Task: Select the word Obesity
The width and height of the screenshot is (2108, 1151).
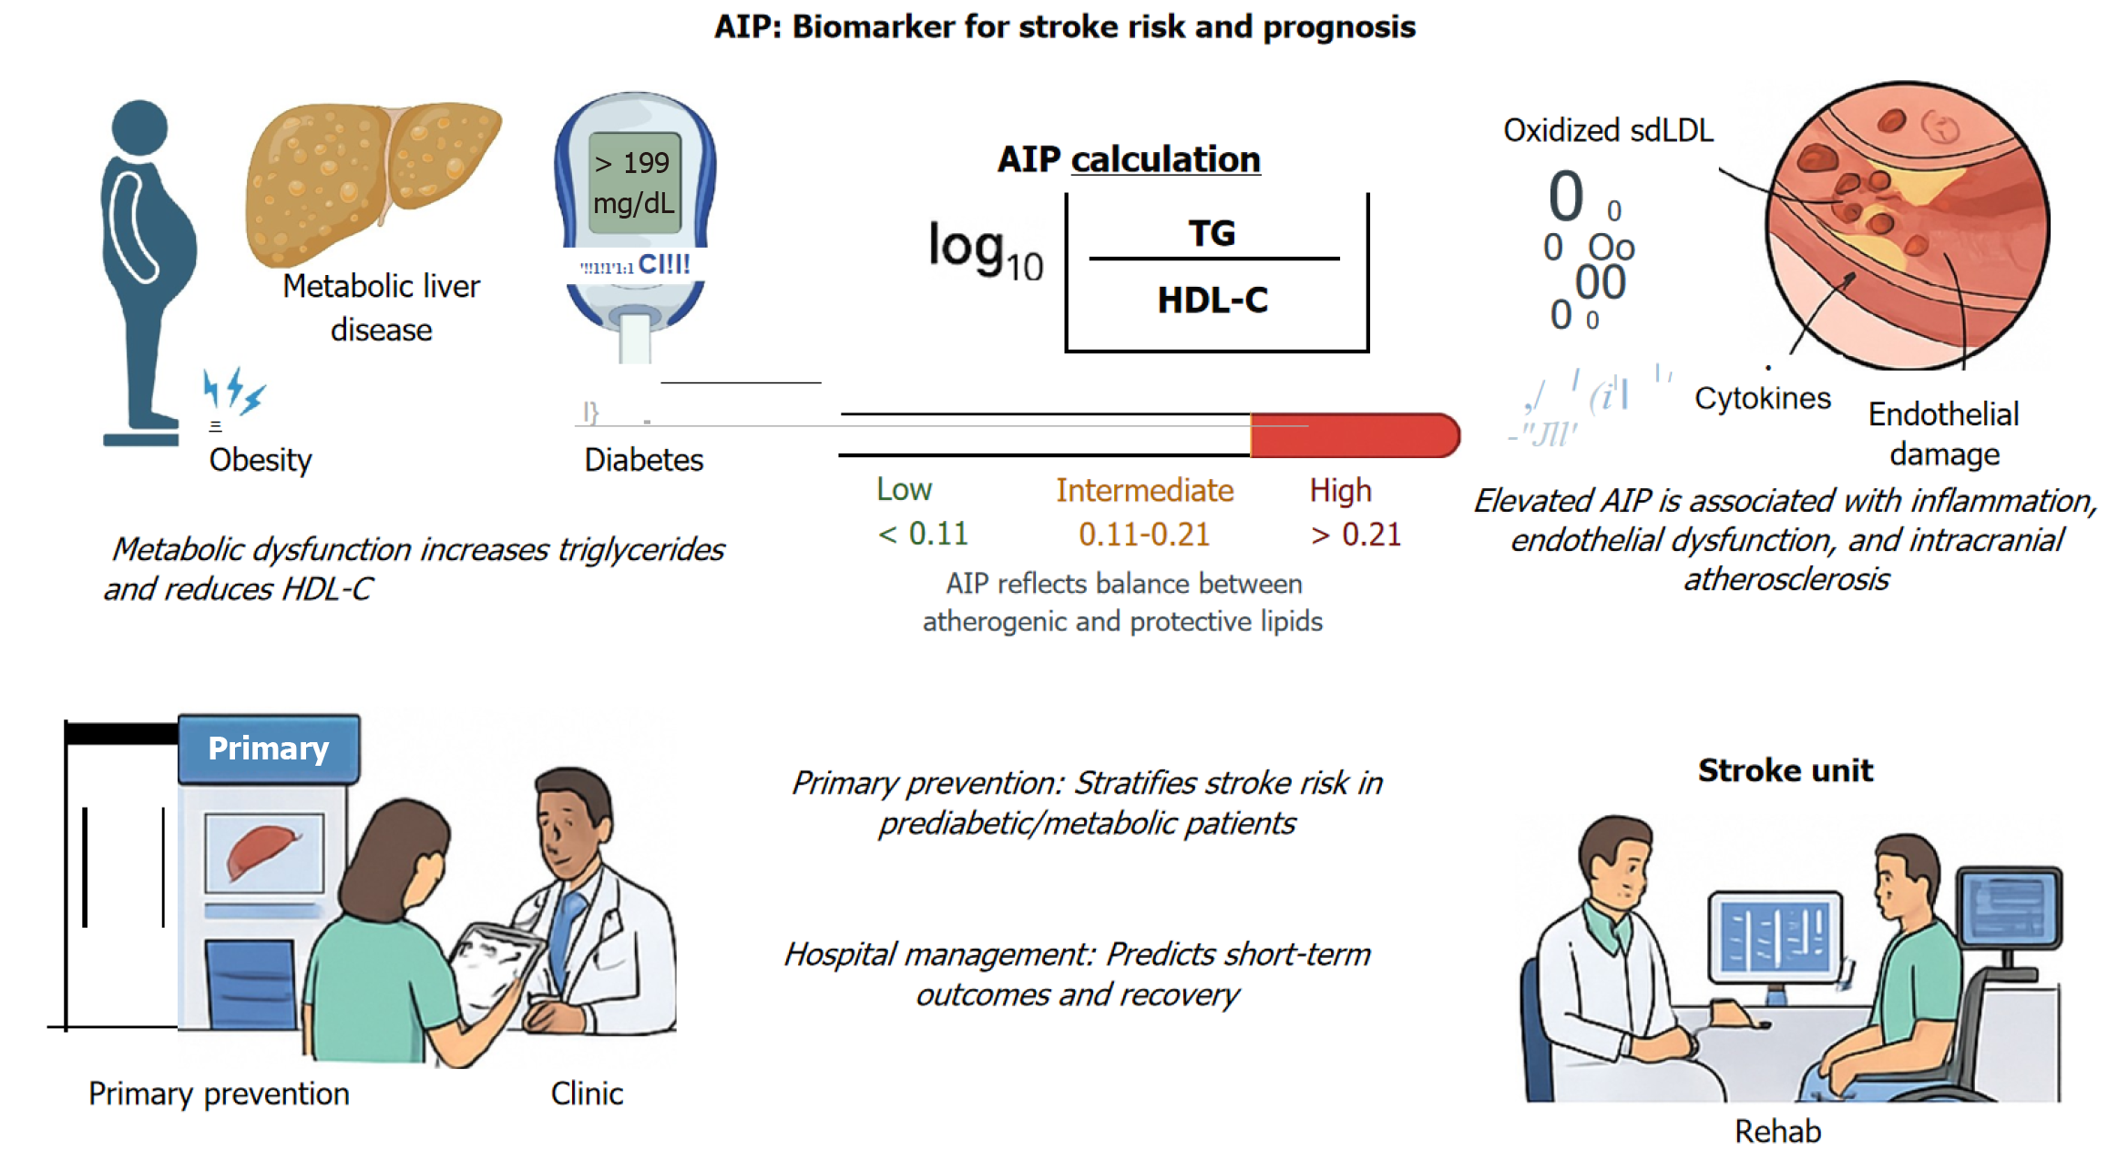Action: [261, 460]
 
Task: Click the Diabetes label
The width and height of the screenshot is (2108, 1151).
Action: [643, 460]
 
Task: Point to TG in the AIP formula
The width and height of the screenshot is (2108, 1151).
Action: [1213, 233]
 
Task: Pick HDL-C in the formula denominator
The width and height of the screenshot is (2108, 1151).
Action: [1213, 300]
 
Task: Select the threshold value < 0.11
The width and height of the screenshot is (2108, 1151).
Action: [923, 534]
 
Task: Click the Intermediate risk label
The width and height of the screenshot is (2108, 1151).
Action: [1144, 491]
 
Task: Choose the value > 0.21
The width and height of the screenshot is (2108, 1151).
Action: [1356, 535]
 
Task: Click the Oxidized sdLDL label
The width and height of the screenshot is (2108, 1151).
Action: [1608, 130]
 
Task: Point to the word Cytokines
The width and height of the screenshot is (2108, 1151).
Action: [1762, 398]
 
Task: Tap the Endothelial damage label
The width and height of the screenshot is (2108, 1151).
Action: [1944, 433]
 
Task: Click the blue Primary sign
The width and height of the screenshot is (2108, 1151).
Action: [269, 749]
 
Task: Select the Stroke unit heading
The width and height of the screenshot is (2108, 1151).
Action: [1785, 770]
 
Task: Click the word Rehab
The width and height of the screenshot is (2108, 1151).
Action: [1777, 1131]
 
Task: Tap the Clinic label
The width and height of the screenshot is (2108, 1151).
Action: [587, 1093]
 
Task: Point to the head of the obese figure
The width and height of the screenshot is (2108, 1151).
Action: [139, 127]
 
